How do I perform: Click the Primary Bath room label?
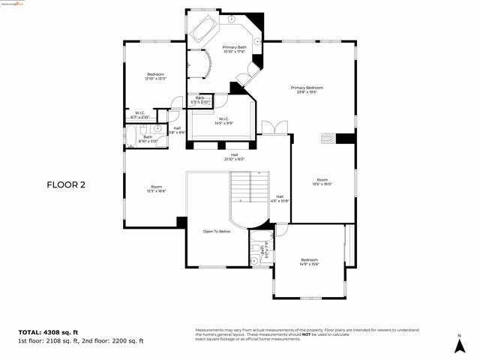coord(234,49)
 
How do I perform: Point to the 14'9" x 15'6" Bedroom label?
coord(309,262)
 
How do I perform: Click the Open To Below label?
coord(217,232)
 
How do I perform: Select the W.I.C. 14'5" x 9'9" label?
coord(223,121)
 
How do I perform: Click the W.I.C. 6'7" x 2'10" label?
coord(140,115)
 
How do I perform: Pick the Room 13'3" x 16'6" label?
coord(156,189)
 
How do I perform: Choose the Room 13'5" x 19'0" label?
coord(322,181)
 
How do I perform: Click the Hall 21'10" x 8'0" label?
coord(234,157)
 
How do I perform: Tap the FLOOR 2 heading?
coord(66,184)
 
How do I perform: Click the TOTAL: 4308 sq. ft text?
coord(48,331)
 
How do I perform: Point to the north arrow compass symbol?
coord(458,344)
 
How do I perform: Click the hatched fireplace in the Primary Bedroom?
coord(328,138)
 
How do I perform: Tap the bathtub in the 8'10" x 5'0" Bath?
coord(132,138)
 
